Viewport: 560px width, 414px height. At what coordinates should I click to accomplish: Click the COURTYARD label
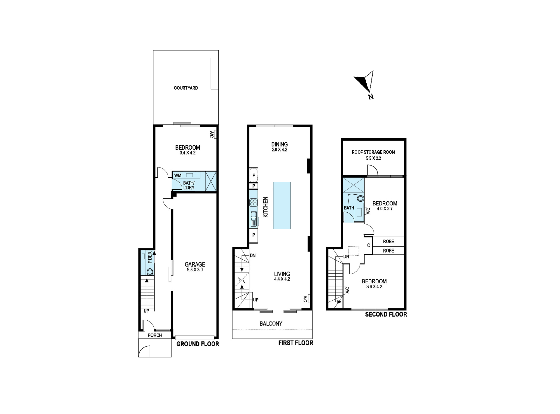pos(186,88)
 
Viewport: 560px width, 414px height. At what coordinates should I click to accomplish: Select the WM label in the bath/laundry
pos(178,175)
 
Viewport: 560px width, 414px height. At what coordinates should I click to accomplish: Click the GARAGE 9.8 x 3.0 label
pos(195,267)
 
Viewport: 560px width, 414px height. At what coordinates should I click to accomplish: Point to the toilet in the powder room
pos(150,272)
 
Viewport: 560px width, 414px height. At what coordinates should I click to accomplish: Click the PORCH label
pos(155,335)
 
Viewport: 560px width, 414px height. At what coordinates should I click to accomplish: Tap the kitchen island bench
pos(282,205)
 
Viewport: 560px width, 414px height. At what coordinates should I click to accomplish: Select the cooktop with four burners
pos(253,202)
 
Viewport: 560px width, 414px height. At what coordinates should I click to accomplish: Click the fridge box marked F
pos(253,176)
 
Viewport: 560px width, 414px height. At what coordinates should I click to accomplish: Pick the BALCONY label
pos(271,324)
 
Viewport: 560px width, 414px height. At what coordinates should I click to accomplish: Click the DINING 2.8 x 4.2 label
pos(279,146)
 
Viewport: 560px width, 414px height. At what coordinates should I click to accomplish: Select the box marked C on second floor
pos(368,245)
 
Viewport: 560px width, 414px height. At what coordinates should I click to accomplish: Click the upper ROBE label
pos(388,241)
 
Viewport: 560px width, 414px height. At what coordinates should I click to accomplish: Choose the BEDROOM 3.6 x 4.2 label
pos(374,283)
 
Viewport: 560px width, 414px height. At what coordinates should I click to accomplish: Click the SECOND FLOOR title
pos(386,314)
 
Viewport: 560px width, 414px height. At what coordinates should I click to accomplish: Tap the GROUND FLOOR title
pos(197,344)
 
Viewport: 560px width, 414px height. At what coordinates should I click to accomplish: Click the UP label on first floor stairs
pos(256,300)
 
